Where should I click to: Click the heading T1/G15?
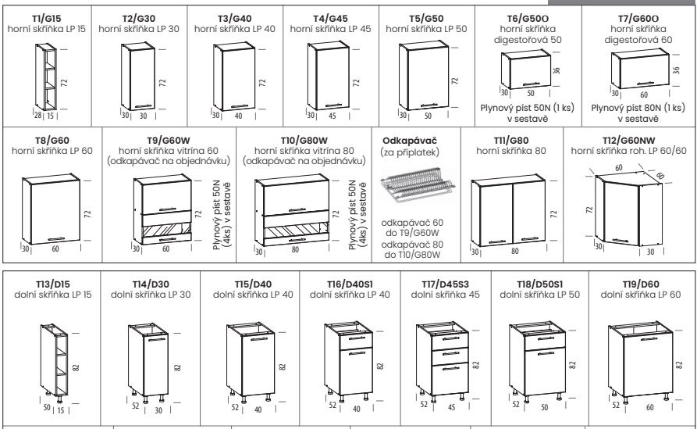point(47,19)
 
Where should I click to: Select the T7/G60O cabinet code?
point(638,19)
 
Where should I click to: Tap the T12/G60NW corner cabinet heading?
point(628,141)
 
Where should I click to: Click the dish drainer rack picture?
point(417,184)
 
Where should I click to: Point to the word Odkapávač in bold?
point(410,141)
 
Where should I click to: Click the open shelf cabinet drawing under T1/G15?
point(46,77)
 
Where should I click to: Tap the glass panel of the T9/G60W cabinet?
point(166,231)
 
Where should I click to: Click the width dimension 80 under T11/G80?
point(514,251)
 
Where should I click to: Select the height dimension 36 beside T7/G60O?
point(676,70)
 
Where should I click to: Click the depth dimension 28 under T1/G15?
point(37,116)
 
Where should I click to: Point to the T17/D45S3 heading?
point(446,284)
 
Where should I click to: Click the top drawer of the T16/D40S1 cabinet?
point(356,340)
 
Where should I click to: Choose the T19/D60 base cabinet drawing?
point(640,360)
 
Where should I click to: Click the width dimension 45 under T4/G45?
point(332,116)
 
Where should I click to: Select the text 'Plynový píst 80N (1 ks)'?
point(638,108)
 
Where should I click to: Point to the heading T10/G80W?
point(304,141)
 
